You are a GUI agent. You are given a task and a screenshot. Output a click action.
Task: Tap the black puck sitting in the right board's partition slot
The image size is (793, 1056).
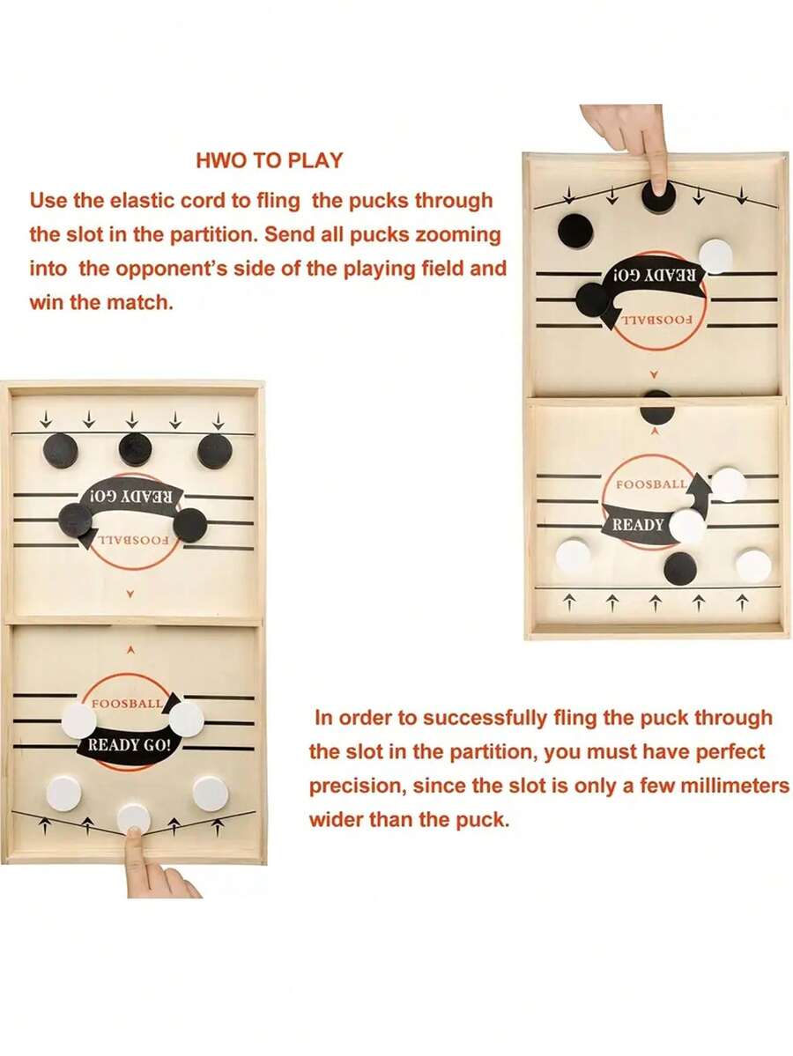click(x=656, y=406)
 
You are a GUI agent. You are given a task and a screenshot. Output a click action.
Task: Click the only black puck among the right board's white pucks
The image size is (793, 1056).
click(x=679, y=569)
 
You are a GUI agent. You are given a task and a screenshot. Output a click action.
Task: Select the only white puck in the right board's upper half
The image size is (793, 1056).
click(x=715, y=256)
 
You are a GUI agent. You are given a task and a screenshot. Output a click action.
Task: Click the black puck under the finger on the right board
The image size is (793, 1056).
click(x=658, y=195)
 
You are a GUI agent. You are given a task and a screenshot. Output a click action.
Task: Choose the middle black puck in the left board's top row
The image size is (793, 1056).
click(x=135, y=449)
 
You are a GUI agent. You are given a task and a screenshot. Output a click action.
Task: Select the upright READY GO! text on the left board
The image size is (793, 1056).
click(x=130, y=745)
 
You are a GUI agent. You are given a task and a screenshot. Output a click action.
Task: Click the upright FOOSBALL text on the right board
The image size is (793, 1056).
click(x=652, y=485)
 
